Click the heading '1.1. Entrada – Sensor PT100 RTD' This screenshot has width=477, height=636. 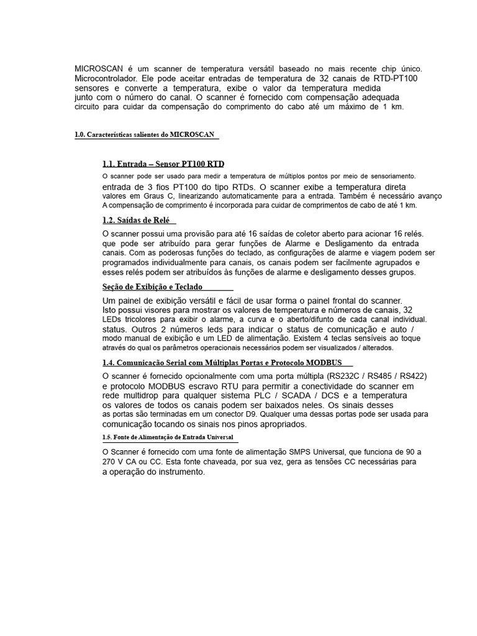(x=163, y=165)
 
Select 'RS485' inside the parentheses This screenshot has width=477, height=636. (x=374, y=376)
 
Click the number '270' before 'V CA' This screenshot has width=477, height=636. (x=109, y=462)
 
